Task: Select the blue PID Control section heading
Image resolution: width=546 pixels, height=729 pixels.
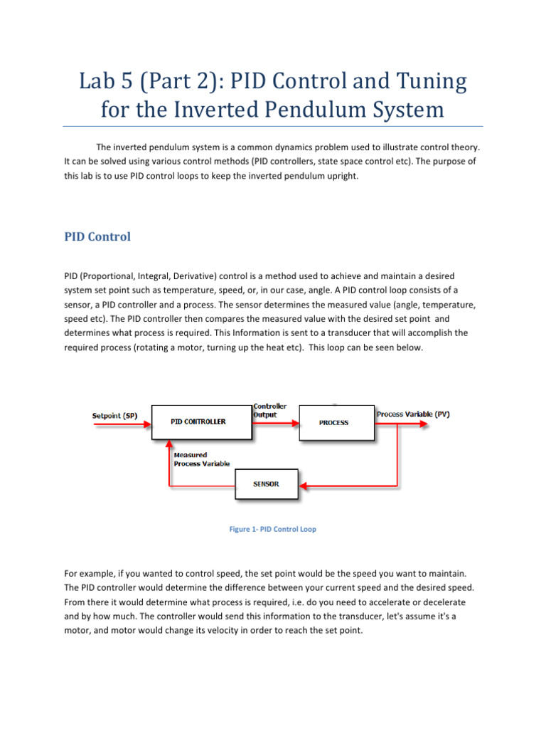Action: tap(97, 236)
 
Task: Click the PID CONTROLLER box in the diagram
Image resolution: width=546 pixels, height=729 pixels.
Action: tap(198, 421)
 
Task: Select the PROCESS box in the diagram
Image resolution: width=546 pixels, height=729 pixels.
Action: tap(333, 422)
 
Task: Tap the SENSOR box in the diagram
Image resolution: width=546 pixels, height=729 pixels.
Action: tap(266, 484)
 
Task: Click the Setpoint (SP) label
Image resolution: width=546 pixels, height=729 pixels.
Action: tap(116, 415)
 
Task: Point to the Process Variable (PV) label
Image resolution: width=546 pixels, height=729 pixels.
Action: tap(413, 414)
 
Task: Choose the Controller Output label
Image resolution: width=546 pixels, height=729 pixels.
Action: tap(270, 410)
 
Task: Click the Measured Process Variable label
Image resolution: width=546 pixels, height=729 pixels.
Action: tap(201, 459)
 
